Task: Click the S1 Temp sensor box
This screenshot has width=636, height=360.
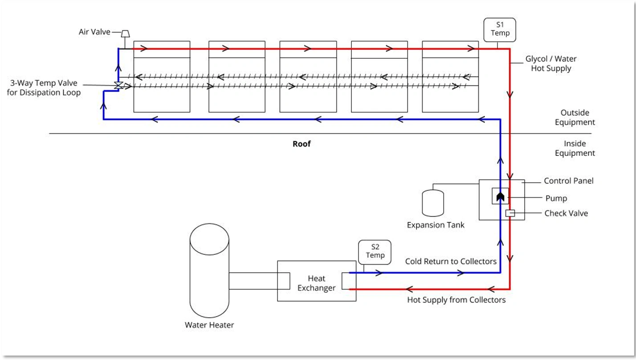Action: pos(500,29)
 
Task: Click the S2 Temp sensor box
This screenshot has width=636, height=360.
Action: pos(375,252)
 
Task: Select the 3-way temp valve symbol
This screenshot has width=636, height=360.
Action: pos(118,86)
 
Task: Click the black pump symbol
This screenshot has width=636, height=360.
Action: pos(500,196)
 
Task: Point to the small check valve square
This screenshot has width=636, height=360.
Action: pos(510,213)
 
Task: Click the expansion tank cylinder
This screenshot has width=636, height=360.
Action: pos(432,203)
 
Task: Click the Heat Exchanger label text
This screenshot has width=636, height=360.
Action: pos(316,283)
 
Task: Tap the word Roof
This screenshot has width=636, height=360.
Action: pos(302,143)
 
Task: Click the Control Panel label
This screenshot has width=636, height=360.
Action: pos(568,181)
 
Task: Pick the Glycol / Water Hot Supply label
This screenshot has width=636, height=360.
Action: pos(550,64)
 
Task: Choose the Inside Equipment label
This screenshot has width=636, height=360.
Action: pos(575,148)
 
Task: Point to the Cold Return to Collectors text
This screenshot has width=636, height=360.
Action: pos(450,262)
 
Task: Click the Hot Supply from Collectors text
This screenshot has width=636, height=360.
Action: pos(456,300)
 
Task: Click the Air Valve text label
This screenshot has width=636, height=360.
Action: pos(94,32)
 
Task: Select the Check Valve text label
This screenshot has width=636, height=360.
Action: pos(566,213)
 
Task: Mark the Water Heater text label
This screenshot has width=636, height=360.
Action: pos(209,325)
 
